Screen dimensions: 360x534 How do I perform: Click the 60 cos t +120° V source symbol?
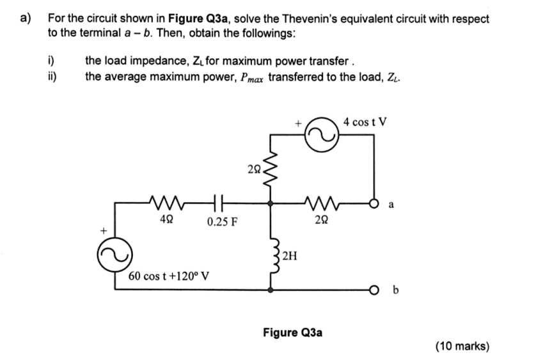[x=109, y=256]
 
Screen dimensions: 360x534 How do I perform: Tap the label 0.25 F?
[x=222, y=223]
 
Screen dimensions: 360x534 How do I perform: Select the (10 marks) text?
[x=462, y=346]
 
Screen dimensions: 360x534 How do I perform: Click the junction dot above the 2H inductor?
[x=272, y=203]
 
